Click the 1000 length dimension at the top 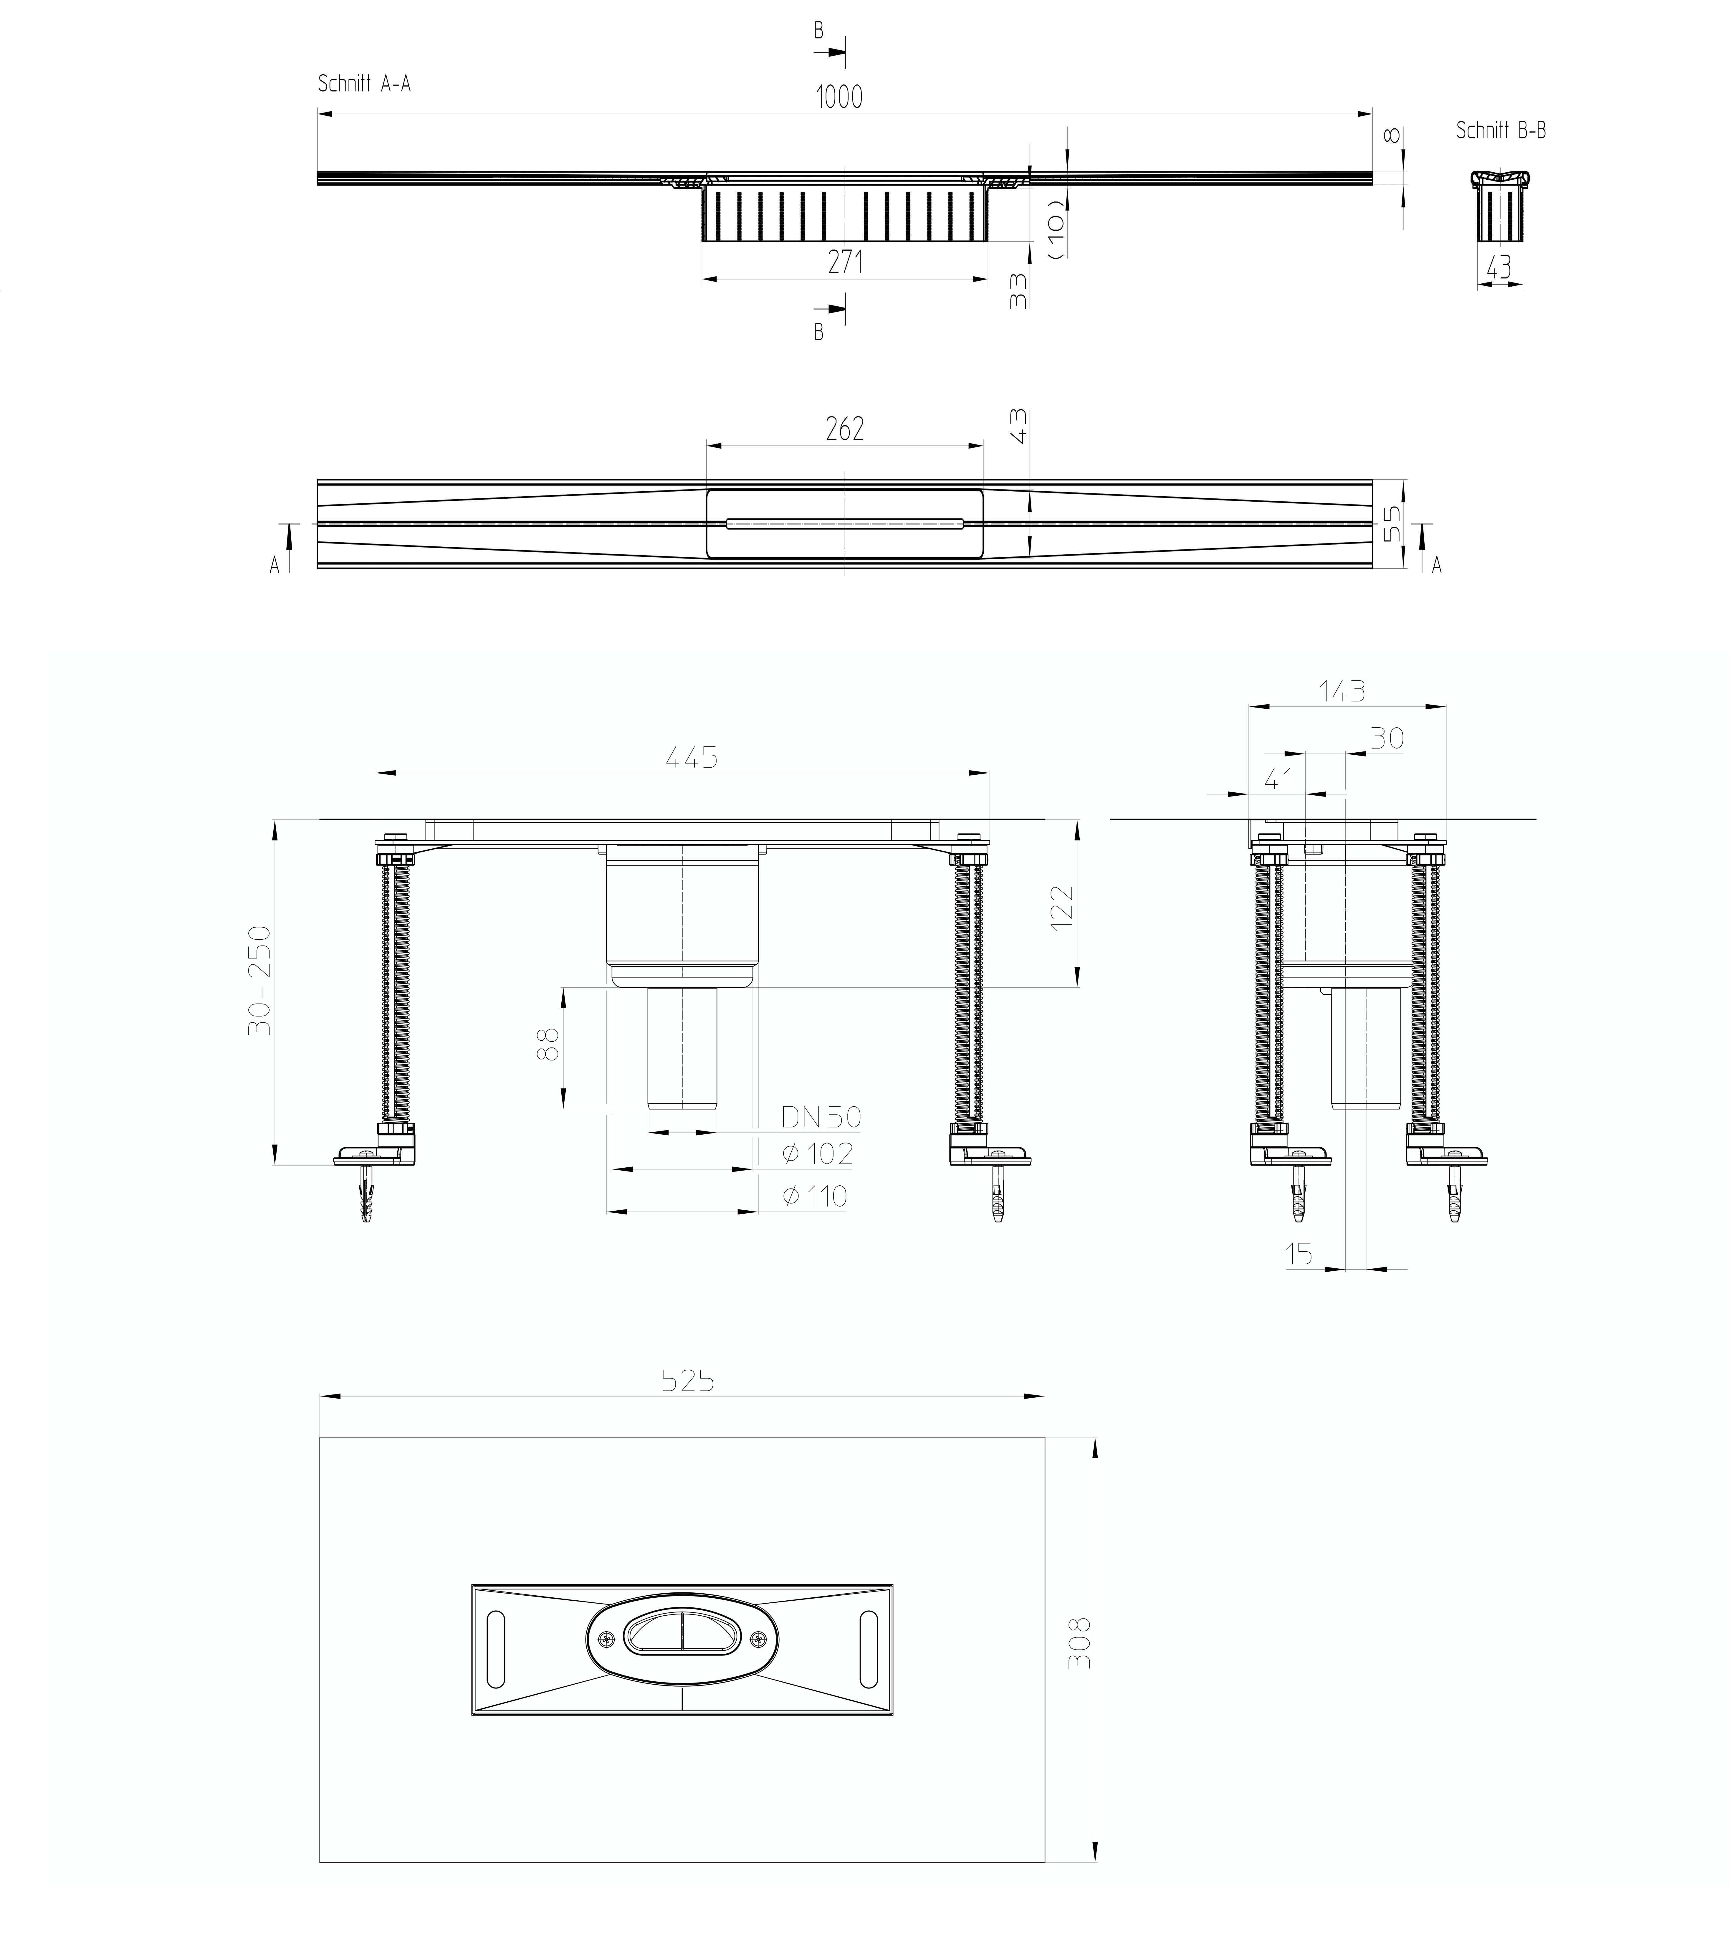click(x=839, y=96)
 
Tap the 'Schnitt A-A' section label click(x=364, y=84)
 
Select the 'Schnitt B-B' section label click(x=1500, y=131)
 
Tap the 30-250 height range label click(x=260, y=980)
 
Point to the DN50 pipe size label click(x=821, y=1116)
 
